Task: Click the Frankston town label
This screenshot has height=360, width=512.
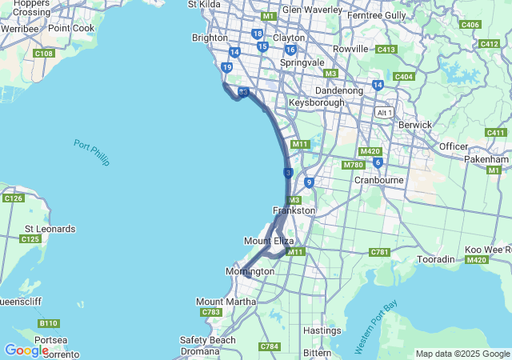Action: click(294, 210)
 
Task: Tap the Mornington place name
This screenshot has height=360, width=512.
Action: click(250, 272)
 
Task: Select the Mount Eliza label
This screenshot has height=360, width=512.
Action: click(269, 241)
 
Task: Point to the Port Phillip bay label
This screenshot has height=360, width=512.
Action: click(90, 153)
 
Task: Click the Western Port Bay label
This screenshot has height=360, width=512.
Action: click(376, 327)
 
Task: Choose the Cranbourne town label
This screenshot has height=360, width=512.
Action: click(378, 181)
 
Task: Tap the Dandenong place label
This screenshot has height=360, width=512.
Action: click(338, 91)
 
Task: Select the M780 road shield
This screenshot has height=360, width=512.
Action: click(353, 165)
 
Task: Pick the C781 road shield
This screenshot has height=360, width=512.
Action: click(379, 253)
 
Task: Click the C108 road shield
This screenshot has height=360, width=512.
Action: click(44, 54)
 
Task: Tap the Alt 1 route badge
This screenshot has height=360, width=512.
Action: click(385, 113)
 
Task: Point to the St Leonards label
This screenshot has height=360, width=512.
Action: click(50, 229)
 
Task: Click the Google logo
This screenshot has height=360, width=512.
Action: click(26, 350)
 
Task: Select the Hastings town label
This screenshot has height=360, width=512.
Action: click(323, 330)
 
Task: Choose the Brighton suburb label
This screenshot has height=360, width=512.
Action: click(210, 38)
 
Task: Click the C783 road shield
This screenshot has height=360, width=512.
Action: click(212, 312)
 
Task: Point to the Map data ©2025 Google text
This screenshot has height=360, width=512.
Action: click(462, 354)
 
